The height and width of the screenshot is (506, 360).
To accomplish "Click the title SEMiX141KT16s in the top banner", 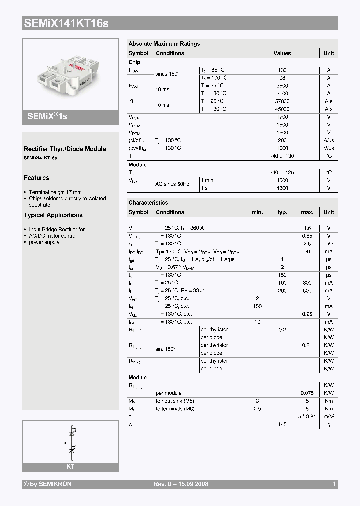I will tap(66, 23).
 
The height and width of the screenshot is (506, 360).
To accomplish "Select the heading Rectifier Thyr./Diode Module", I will tap(65, 149).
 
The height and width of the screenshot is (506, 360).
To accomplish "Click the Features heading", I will tap(36, 178).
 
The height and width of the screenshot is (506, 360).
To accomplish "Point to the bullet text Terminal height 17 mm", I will tap(55, 192).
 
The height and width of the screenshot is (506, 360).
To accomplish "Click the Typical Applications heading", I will tap(53, 215).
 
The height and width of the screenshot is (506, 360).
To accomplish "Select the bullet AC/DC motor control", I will tap(53, 236).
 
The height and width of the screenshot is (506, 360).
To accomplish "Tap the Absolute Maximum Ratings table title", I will tap(164, 44).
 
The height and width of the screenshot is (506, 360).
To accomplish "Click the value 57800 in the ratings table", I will tap(282, 101).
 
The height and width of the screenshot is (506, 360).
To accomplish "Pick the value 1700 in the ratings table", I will tap(282, 117).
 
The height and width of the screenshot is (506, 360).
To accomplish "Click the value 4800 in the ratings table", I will tap(282, 188).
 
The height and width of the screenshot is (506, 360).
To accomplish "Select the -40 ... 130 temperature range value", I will tap(282, 156).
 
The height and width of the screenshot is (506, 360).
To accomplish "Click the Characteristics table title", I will tap(148, 203).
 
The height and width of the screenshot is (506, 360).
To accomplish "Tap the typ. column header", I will tap(282, 212).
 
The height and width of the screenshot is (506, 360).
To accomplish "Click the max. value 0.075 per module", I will tap(307, 393).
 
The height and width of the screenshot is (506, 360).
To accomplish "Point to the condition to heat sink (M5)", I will tap(175, 401).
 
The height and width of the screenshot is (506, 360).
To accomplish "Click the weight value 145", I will tap(282, 424).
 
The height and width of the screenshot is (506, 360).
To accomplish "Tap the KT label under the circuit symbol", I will tap(70, 466).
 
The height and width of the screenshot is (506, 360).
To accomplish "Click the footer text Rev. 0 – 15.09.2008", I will tap(180, 484).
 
